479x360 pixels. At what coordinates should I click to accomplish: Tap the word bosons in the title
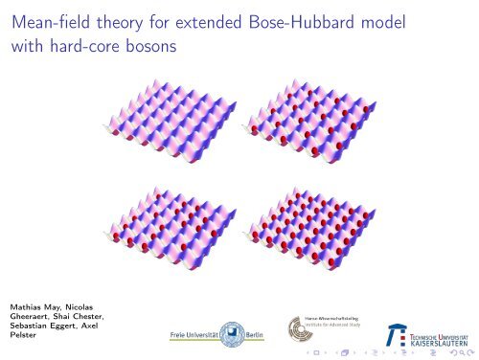146,48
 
